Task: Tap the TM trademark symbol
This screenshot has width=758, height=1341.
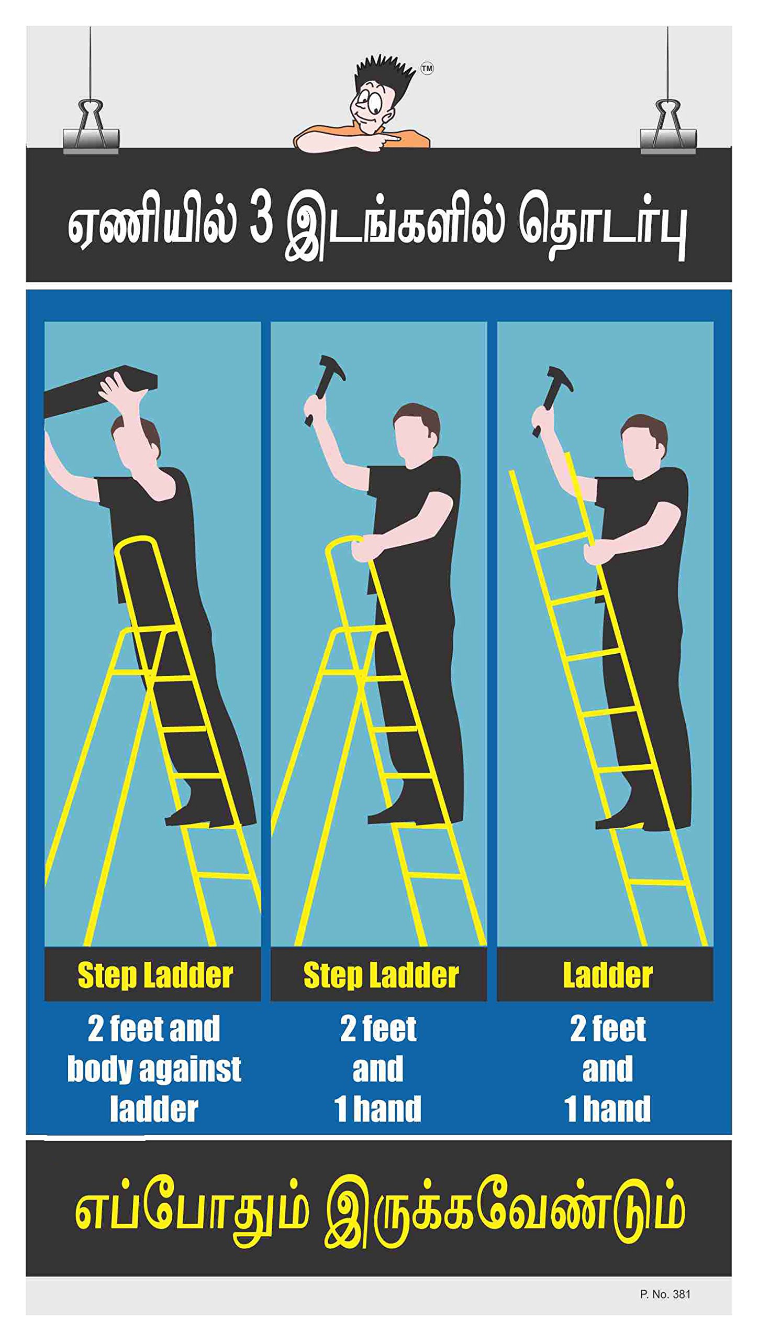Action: tap(427, 68)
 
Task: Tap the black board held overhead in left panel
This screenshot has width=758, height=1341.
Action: tap(99, 392)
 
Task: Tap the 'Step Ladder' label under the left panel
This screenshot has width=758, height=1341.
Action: tap(155, 975)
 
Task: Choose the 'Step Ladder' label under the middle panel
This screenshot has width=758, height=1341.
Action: tap(381, 975)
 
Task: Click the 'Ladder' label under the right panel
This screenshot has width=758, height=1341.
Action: tap(607, 975)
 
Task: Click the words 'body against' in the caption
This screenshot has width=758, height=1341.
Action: tap(154, 1069)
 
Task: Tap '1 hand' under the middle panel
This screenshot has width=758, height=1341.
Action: tap(378, 1109)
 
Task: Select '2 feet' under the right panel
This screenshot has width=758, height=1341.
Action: tap(608, 1029)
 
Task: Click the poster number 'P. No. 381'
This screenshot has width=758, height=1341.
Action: tap(665, 1294)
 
